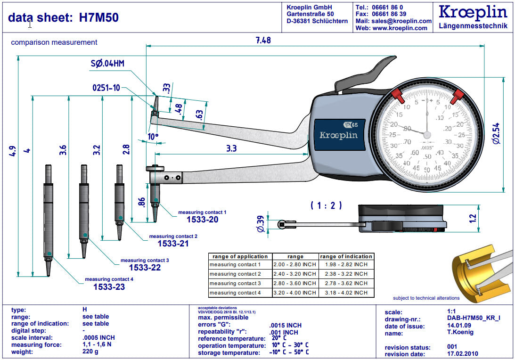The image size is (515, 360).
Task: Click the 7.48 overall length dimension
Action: [263, 41]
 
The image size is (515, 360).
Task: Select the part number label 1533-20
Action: [202, 220]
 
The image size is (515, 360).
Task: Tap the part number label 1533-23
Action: [109, 286]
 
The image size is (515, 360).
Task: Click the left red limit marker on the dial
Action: [397, 96]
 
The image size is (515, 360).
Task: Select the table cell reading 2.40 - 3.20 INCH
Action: [295, 274]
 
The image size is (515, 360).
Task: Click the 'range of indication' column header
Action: [346, 256]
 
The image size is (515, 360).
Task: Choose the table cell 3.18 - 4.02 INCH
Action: [346, 293]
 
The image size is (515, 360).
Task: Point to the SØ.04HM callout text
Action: [107, 64]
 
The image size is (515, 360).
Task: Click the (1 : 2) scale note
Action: [326, 205]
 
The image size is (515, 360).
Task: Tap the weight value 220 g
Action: [90, 352]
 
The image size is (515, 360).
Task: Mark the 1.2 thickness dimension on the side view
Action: [473, 218]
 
